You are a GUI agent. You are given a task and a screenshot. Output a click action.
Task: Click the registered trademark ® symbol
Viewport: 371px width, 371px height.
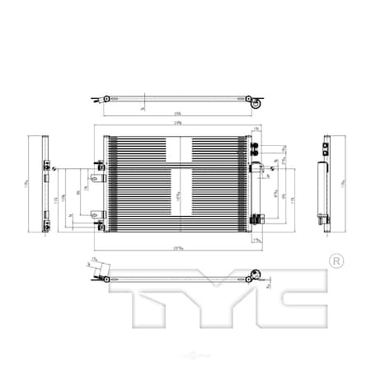click(336, 261)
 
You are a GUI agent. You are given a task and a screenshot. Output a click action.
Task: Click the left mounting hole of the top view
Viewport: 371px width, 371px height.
click(106, 101)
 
